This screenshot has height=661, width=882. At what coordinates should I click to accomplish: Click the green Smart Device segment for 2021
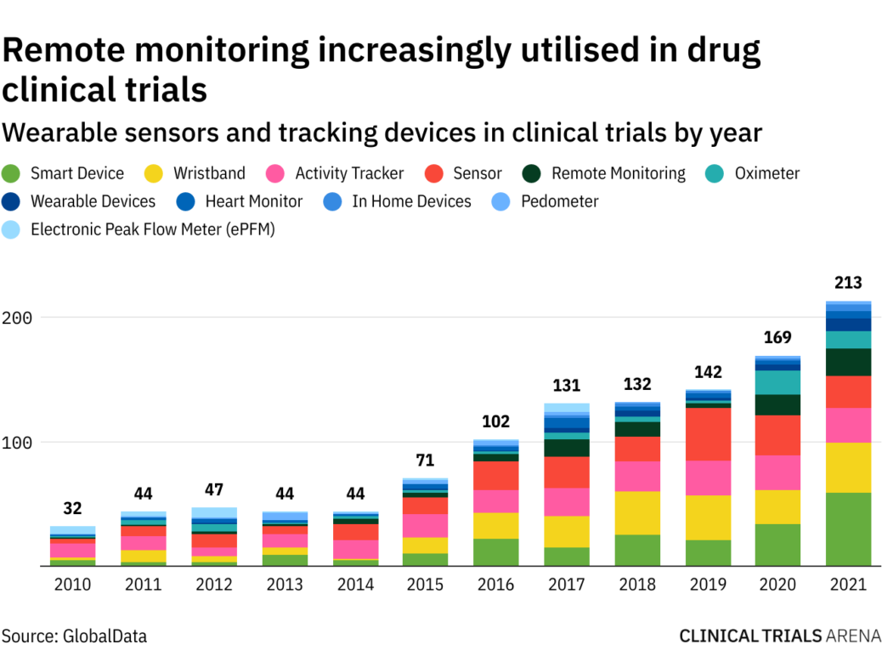tap(848, 528)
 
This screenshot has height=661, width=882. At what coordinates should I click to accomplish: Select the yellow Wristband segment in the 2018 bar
tap(638, 512)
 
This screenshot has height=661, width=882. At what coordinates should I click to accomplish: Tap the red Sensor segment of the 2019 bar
tap(708, 433)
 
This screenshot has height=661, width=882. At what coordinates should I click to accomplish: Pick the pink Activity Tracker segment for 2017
tap(567, 501)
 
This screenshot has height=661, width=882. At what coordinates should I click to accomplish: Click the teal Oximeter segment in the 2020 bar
tap(777, 382)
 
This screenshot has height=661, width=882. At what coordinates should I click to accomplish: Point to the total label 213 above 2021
tap(848, 283)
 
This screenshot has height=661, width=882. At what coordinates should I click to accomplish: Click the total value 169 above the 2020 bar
tap(777, 337)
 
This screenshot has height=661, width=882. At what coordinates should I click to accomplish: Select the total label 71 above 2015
tap(425, 460)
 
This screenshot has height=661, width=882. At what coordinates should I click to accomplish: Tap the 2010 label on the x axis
tap(72, 585)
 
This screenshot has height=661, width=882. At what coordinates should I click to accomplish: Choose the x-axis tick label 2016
tap(495, 585)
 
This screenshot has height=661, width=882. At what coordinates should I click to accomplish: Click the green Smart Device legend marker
tap(12, 174)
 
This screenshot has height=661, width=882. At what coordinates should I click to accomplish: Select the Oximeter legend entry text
tap(766, 173)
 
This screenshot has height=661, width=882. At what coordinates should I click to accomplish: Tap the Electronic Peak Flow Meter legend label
tap(153, 229)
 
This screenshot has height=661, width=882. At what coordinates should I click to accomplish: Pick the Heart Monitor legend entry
tap(253, 201)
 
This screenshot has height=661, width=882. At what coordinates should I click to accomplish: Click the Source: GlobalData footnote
tap(74, 636)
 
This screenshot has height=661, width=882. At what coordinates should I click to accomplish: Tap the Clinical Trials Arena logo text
tap(779, 636)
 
